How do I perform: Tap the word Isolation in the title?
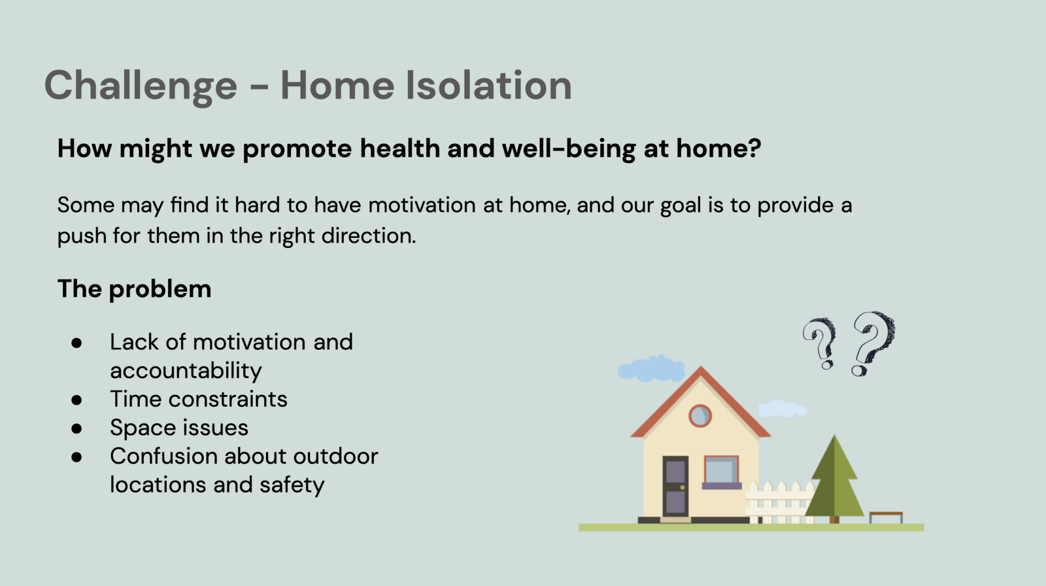[x=488, y=84]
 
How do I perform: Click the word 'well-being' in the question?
[x=568, y=149]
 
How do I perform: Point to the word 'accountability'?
[x=186, y=371]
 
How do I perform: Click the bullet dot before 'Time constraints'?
[x=76, y=400]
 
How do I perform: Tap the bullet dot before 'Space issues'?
[x=76, y=428]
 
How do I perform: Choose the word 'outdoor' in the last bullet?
[x=335, y=456]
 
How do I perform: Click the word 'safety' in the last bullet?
[x=292, y=485]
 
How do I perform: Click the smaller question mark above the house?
[x=820, y=343]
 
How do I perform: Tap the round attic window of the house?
[x=700, y=415]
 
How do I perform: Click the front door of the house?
[x=675, y=486]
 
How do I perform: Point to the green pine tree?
[x=834, y=478]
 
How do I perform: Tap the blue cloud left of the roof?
[x=651, y=368]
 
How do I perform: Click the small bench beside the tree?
[x=886, y=517]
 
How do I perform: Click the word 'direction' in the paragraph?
[x=368, y=235]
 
